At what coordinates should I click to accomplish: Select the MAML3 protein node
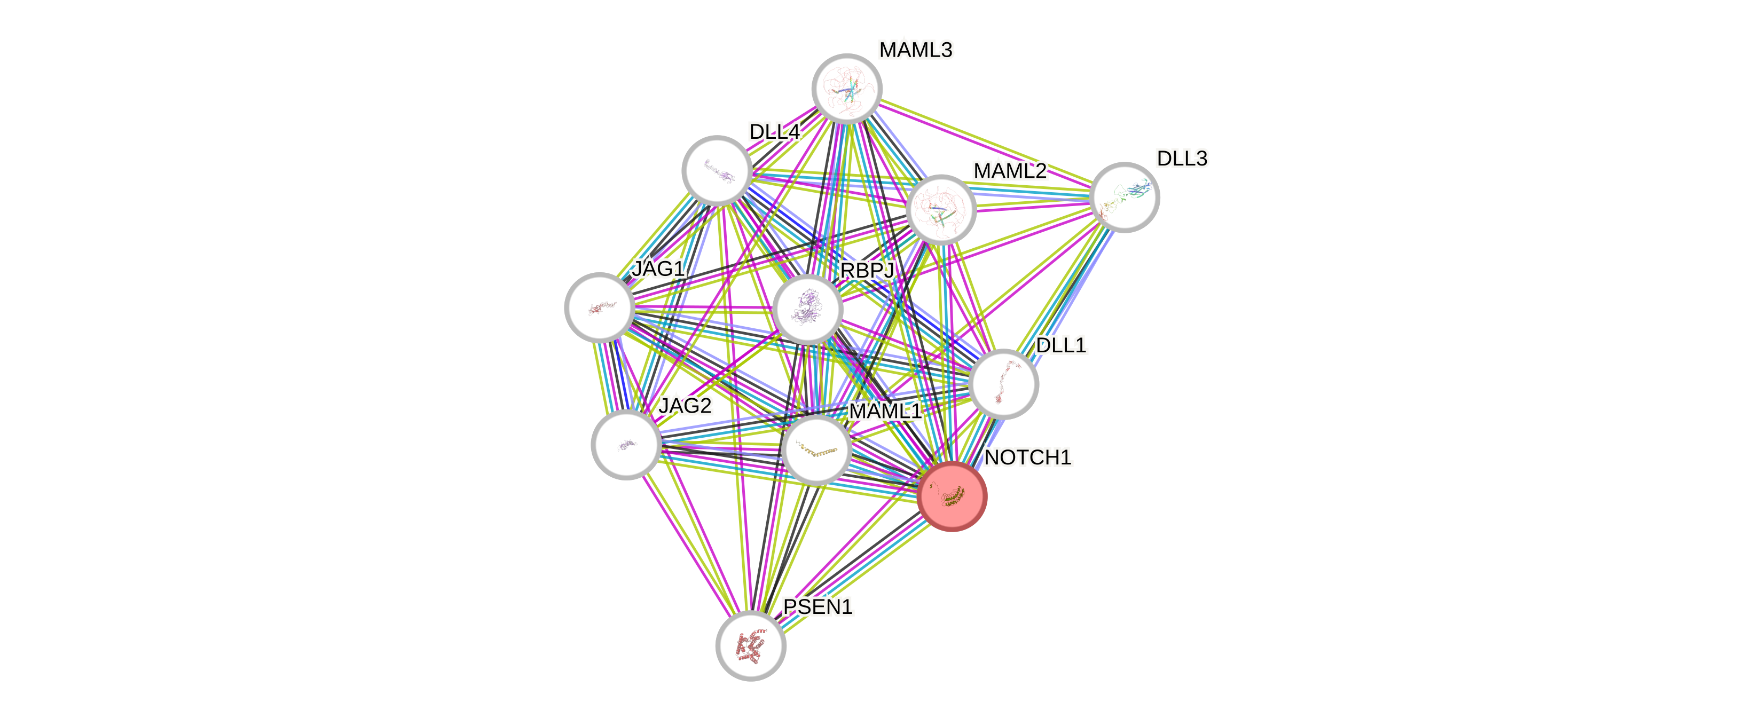pyautogui.click(x=847, y=88)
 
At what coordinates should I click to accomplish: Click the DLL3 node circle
pyautogui.click(x=1125, y=197)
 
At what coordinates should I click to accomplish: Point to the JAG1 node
pyautogui.click(x=599, y=307)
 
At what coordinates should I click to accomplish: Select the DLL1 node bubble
pyautogui.click(x=1003, y=384)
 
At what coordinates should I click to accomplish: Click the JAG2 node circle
pyautogui.click(x=626, y=444)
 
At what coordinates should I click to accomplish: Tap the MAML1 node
pyautogui.click(x=816, y=449)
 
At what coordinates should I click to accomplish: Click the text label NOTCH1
pyautogui.click(x=1028, y=457)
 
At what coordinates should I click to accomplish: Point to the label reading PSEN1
pyautogui.click(x=818, y=606)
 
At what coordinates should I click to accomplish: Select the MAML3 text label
pyautogui.click(x=916, y=50)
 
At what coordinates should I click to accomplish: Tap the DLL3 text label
pyautogui.click(x=1182, y=159)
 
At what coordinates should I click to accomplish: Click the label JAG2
pyautogui.click(x=685, y=406)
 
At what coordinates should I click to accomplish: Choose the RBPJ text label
pyautogui.click(x=867, y=270)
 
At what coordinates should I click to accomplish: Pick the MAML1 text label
pyautogui.click(x=885, y=411)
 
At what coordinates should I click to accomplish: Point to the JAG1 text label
pyautogui.click(x=658, y=269)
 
